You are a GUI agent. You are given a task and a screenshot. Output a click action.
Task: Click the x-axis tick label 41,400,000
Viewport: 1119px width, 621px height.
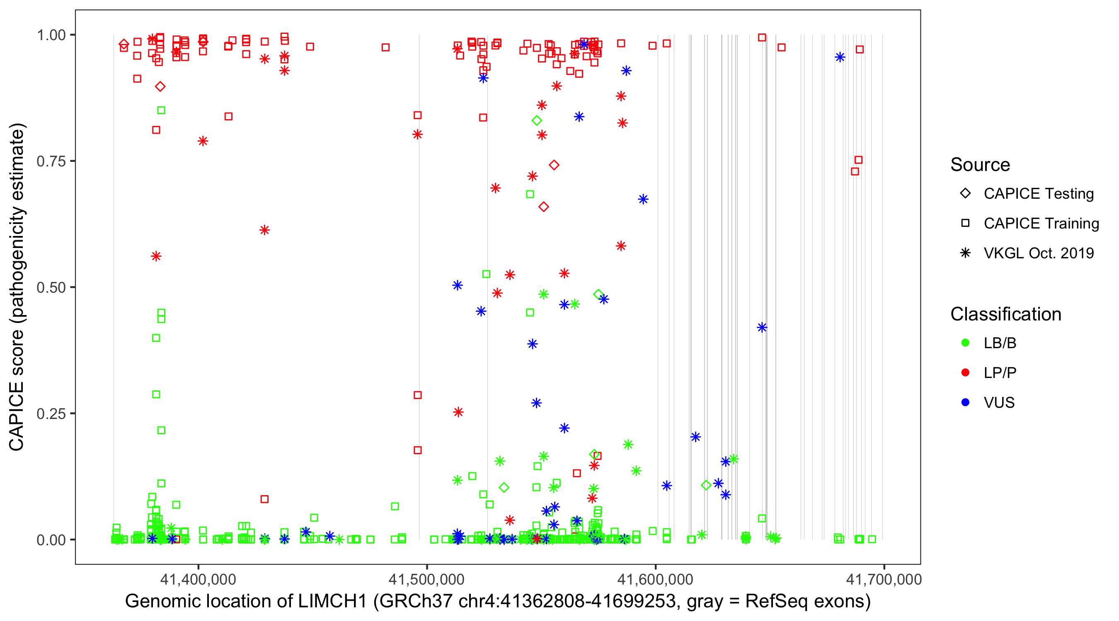click(198, 579)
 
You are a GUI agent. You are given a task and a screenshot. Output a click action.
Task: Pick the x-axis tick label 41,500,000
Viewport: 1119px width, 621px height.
click(426, 579)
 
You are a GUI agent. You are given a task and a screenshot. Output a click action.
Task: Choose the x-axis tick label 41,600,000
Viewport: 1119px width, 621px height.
click(655, 579)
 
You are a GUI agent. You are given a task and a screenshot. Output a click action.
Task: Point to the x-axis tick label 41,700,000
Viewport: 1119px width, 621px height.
click(884, 579)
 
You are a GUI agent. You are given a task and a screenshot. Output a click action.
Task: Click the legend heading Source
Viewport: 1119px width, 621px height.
click(980, 165)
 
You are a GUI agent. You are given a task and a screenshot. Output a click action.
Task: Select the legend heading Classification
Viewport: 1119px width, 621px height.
click(1005, 314)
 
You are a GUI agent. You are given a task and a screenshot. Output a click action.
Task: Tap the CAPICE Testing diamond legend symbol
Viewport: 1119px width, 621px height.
click(965, 194)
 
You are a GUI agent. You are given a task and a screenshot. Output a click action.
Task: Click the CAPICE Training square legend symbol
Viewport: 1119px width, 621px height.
click(965, 224)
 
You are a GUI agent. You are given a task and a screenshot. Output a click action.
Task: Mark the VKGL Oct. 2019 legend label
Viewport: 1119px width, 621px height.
click(1039, 253)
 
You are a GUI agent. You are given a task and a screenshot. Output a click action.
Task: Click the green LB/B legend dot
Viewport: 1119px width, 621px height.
click(965, 343)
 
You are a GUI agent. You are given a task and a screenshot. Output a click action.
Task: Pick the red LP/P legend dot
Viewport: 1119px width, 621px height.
click(965, 373)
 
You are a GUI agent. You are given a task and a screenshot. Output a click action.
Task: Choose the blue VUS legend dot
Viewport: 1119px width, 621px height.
click(965, 403)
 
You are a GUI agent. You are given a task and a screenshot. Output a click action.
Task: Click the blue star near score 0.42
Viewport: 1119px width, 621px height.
click(762, 327)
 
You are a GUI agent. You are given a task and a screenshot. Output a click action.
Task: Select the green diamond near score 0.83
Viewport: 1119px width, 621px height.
click(537, 120)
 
